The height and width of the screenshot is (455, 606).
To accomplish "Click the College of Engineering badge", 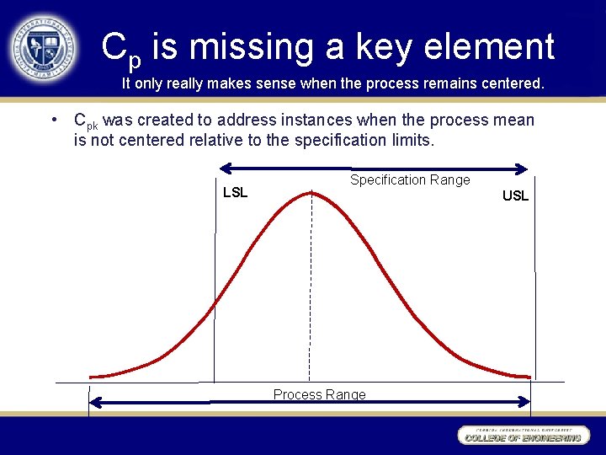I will (522, 435).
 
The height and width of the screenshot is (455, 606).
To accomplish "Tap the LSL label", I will (235, 193).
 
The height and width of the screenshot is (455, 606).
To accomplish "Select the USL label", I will (515, 196).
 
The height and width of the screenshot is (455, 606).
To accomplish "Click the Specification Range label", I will (410, 179).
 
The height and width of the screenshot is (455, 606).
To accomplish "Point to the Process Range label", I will (319, 394).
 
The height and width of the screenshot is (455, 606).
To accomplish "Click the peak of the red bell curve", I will (311, 193).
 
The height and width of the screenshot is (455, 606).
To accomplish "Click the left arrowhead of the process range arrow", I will (95, 403).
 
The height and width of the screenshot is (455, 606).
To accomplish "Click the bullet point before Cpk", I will (53, 120).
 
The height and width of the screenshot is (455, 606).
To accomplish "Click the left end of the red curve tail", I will (92, 376).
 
